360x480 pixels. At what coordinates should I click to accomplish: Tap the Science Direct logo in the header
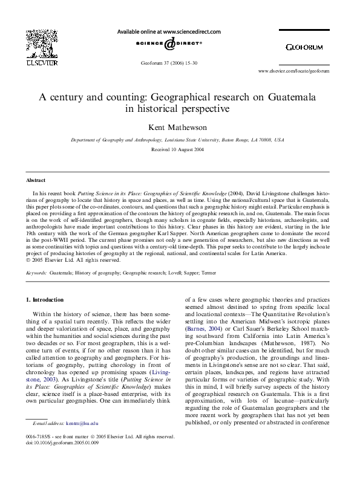pos(167,45)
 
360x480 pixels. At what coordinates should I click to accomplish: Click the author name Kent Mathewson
pos(179,128)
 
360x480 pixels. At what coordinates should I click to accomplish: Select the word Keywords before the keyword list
pos(36,273)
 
